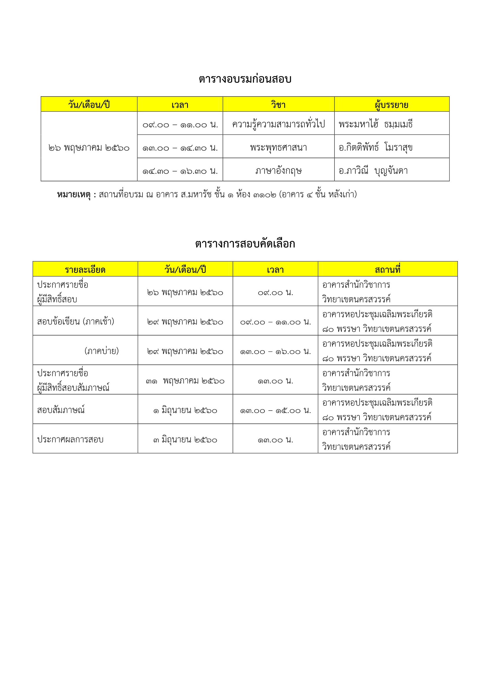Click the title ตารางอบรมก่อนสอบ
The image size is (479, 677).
[x=245, y=79]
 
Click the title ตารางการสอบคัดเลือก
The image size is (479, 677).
[x=245, y=244]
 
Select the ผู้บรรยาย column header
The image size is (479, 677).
[x=392, y=105]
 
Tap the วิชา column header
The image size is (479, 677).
[x=278, y=105]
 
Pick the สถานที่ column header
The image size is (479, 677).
[x=387, y=269]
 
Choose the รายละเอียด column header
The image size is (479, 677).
[x=85, y=269]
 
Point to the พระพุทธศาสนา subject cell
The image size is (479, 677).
[x=278, y=147]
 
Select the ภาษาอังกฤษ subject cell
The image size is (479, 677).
[x=278, y=171]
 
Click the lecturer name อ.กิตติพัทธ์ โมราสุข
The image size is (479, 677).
[x=376, y=147]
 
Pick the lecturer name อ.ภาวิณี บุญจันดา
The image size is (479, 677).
[x=373, y=171]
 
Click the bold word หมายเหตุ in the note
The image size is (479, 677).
[x=74, y=195]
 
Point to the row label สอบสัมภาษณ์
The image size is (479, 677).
[x=61, y=410]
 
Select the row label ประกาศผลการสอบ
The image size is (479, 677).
[x=70, y=439]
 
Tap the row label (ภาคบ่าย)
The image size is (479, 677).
[x=101, y=351]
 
